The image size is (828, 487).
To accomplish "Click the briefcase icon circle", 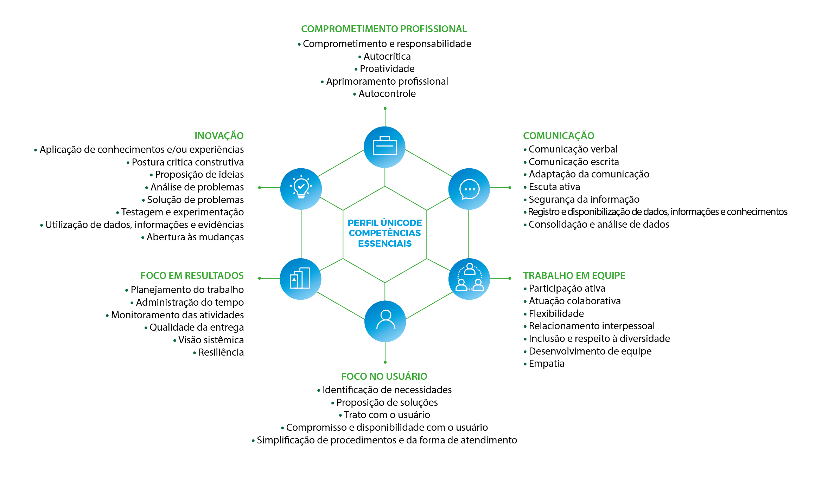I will click(x=384, y=147).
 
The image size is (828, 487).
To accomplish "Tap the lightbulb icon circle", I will click(x=301, y=189).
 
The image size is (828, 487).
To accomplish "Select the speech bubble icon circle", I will click(x=469, y=189).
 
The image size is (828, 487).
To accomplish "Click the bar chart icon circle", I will click(x=300, y=279).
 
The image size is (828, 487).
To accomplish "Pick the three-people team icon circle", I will click(x=469, y=279).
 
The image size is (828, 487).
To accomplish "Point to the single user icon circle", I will click(x=385, y=321).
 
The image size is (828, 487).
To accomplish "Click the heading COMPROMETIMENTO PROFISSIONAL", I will click(x=384, y=29).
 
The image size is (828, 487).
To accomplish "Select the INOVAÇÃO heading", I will click(x=219, y=136).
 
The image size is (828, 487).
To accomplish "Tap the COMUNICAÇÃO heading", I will click(x=559, y=136).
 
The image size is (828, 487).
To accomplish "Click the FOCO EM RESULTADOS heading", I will click(x=192, y=275).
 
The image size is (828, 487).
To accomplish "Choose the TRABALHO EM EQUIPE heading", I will click(x=574, y=275).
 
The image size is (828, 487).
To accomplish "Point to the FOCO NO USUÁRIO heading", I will click(x=384, y=376).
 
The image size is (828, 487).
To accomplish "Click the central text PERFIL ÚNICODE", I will click(x=385, y=223).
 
